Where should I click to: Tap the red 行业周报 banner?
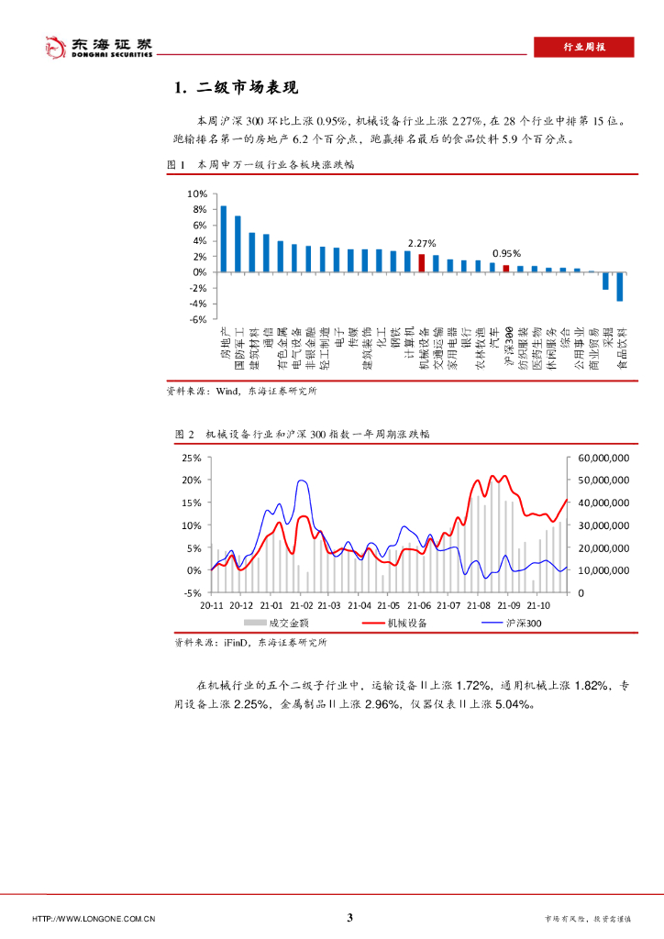point(583,48)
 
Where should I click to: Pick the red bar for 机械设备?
point(422,262)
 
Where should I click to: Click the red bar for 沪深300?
point(506,269)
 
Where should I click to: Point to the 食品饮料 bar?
point(620,286)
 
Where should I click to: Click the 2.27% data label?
point(421,243)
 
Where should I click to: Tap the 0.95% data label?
point(506,254)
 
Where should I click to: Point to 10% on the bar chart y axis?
point(197,194)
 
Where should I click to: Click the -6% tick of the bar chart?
point(197,319)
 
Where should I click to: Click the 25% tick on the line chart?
point(192,457)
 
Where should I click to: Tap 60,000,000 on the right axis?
point(603,457)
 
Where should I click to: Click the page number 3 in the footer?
point(349,917)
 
